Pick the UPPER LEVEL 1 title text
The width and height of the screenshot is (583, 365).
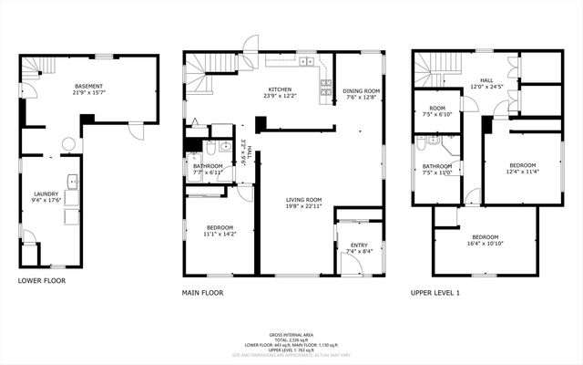pyautogui.click(x=435, y=293)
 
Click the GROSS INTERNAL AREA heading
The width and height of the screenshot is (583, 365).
pyautogui.click(x=291, y=335)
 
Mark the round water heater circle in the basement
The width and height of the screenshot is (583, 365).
pyautogui.click(x=67, y=143)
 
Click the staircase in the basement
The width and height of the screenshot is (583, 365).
pyautogui.click(x=34, y=69)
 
